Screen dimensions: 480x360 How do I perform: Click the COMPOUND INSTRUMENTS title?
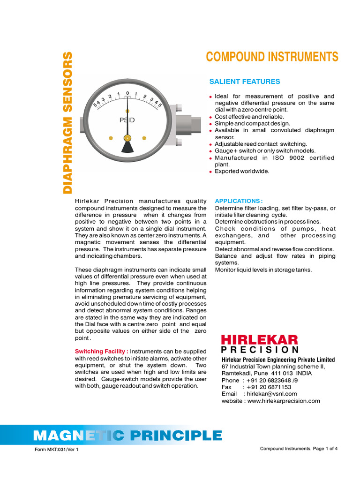tap(272, 57)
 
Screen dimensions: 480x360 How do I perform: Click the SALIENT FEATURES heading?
tap(244, 82)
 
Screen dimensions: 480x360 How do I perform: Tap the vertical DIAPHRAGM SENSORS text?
tap(68, 122)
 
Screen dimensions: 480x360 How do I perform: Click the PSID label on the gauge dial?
tap(127, 120)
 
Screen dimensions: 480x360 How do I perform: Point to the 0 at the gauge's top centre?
tap(127, 93)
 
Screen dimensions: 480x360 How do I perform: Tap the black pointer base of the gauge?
tap(127, 147)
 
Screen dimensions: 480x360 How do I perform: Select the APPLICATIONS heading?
tap(239, 201)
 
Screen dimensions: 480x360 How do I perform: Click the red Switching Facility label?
tap(102, 352)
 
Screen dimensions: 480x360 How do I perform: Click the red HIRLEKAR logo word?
tap(259, 340)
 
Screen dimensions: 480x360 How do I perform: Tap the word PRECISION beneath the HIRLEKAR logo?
tap(260, 350)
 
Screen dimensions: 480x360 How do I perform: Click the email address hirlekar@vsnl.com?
tap(272, 394)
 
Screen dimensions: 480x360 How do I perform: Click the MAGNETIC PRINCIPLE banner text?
tap(127, 435)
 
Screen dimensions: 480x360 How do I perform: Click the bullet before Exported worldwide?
tap(211, 172)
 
